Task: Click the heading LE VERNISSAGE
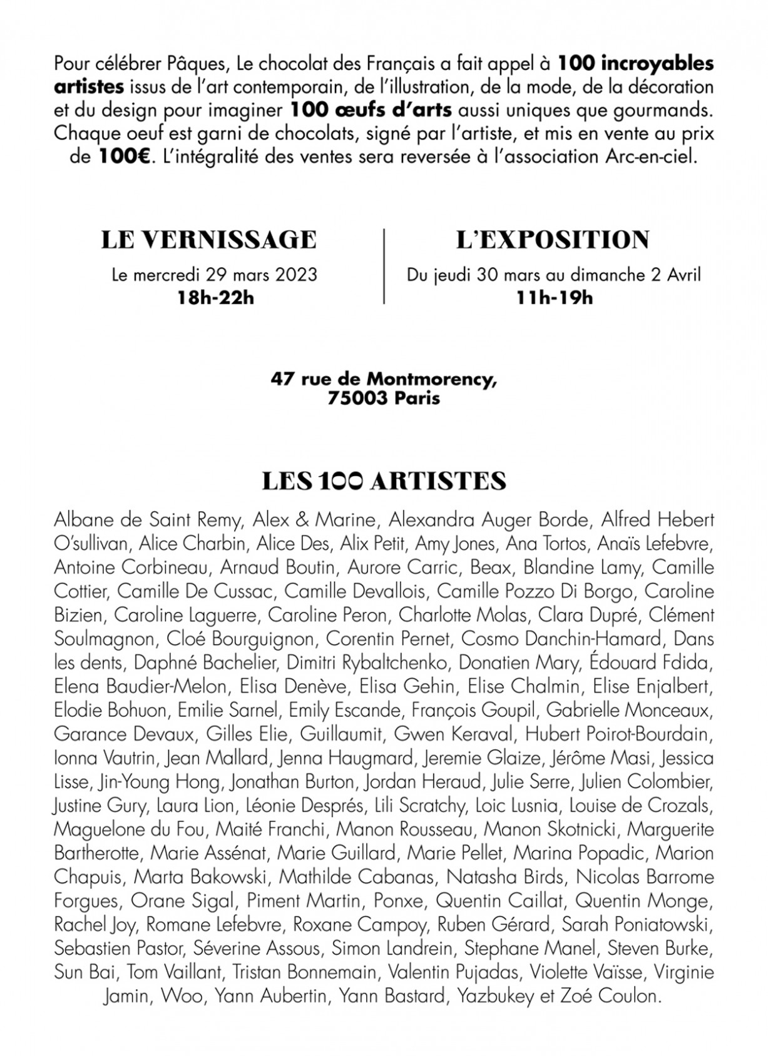(209, 240)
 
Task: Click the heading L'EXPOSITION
(553, 240)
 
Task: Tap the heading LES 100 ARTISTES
(384, 480)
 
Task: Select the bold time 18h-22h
(215, 298)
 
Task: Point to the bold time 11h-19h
(554, 298)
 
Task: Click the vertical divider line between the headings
(384, 267)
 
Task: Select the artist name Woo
(182, 995)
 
